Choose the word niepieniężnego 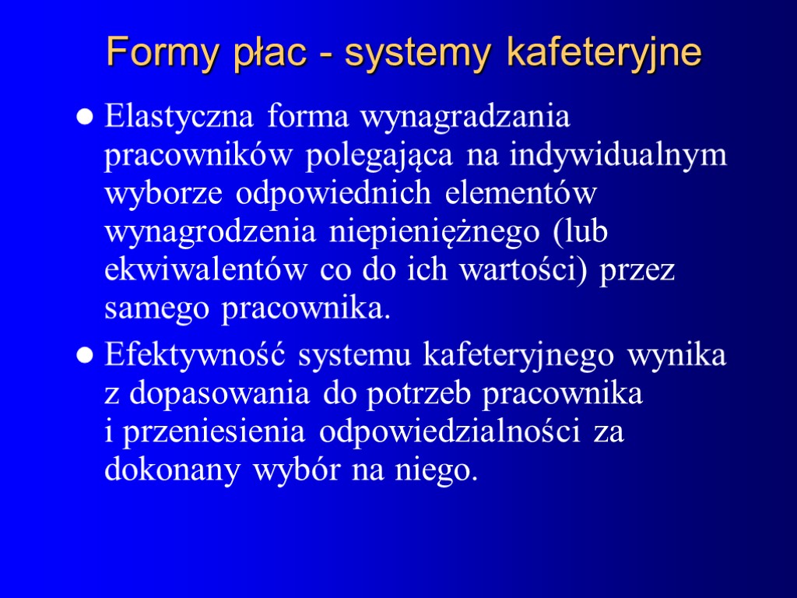423,232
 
